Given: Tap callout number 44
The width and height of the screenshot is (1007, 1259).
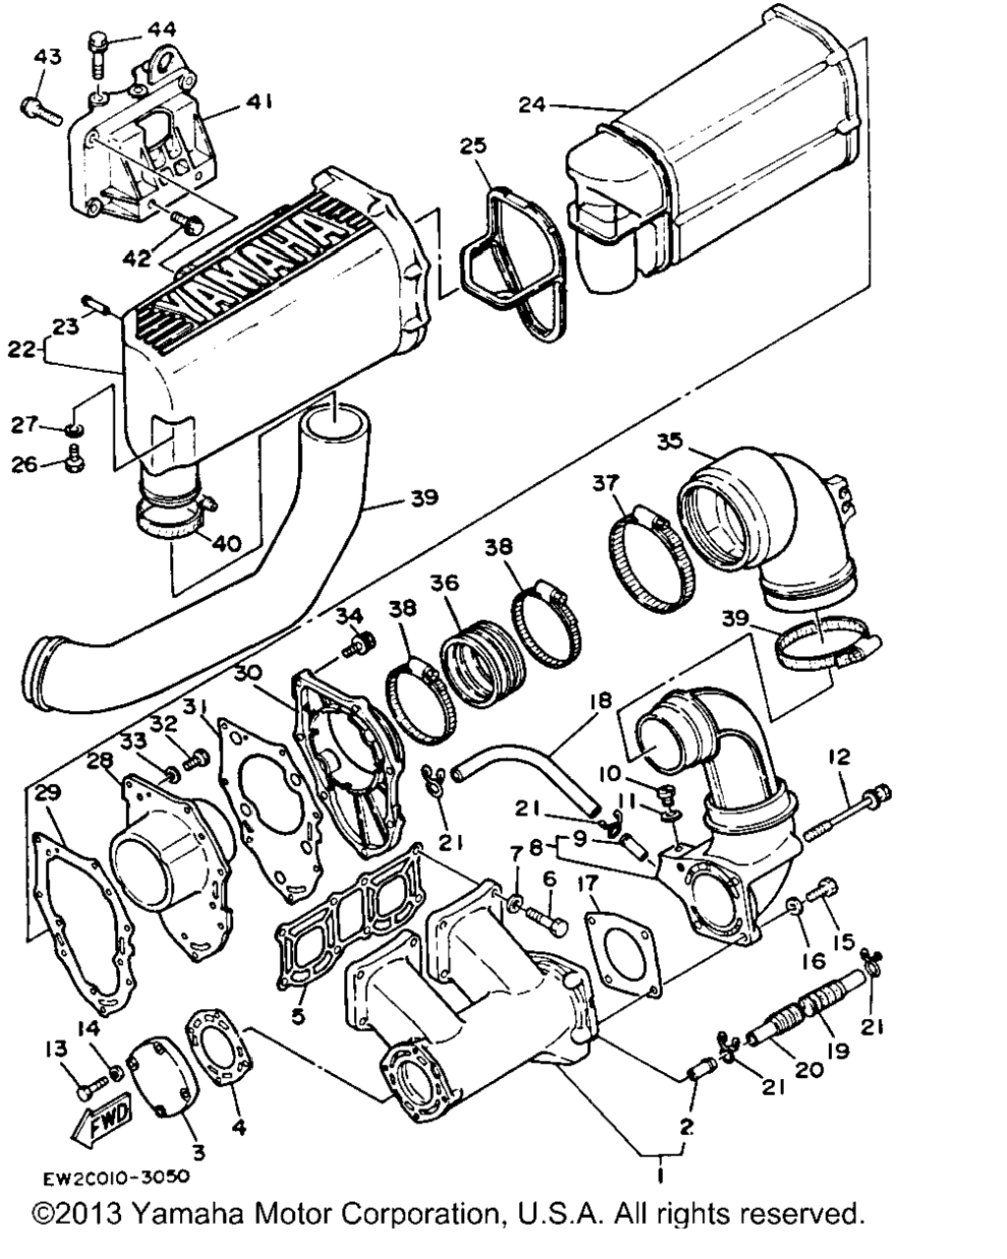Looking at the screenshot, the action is pos(161,30).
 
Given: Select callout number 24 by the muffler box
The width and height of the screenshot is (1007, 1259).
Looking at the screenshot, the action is pos(532,104).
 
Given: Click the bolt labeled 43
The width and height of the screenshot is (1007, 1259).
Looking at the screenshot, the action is pos(41,112).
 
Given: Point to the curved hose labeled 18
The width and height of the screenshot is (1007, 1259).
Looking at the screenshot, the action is pos(527,764).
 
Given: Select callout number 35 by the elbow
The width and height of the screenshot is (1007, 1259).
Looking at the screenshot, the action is pos(670,443).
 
